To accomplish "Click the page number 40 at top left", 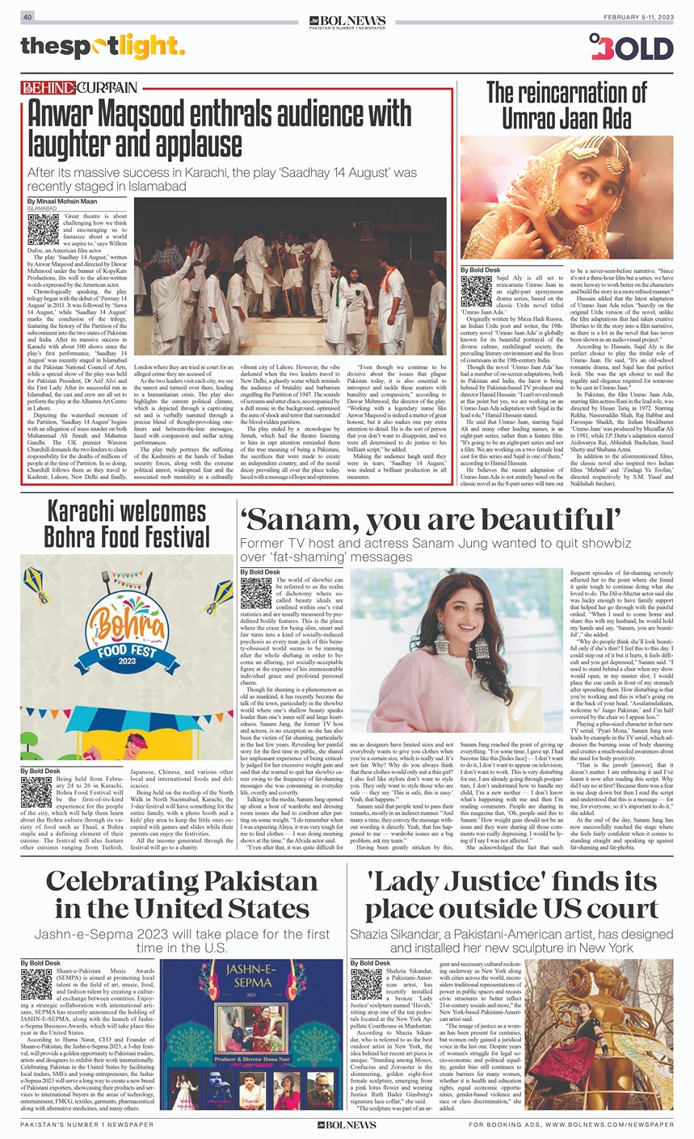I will point(27,17).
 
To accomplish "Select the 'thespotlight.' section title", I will point(103,48).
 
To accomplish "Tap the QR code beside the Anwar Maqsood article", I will point(43,229).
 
